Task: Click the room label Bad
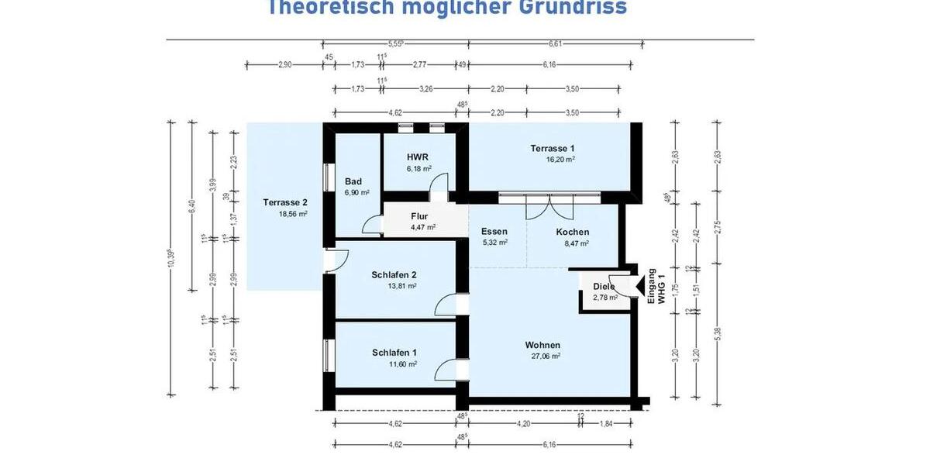353,181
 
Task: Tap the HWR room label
418,157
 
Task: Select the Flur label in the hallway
419,216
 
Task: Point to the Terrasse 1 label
553,148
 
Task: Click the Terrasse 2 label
285,202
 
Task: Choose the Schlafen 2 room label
394,274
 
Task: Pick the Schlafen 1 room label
394,353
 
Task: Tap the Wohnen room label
542,345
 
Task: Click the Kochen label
573,232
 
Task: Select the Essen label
494,231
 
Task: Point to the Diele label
604,286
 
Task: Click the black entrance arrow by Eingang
639,288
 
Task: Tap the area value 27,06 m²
545,356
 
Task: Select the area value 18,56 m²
293,213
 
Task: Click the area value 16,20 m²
560,160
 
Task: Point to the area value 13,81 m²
402,286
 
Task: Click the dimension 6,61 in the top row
556,45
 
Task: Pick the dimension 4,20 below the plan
524,423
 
